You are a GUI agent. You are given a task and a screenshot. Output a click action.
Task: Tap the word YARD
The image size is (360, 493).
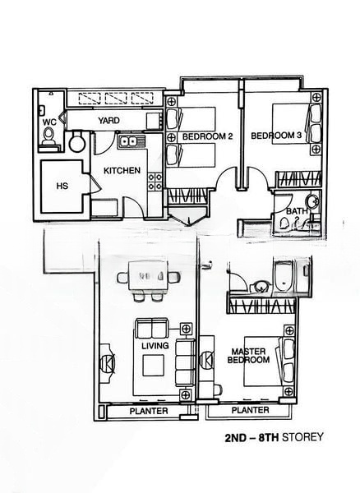(x=109, y=121)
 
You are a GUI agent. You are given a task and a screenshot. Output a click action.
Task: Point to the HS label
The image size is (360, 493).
(x=62, y=187)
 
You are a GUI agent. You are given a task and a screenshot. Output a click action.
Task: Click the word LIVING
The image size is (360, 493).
(x=155, y=346)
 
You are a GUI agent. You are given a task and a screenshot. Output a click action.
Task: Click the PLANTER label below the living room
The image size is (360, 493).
(x=149, y=411)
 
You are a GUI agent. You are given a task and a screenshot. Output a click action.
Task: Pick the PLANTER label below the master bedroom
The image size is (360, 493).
(x=251, y=409)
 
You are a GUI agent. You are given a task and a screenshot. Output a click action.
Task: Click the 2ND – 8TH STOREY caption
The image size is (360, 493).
(x=274, y=438)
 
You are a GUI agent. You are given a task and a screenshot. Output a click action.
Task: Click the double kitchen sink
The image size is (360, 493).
(x=129, y=142)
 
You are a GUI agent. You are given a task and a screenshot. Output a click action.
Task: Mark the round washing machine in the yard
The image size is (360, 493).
(x=77, y=143)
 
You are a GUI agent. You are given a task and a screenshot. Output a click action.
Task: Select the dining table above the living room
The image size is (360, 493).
(x=153, y=274)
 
